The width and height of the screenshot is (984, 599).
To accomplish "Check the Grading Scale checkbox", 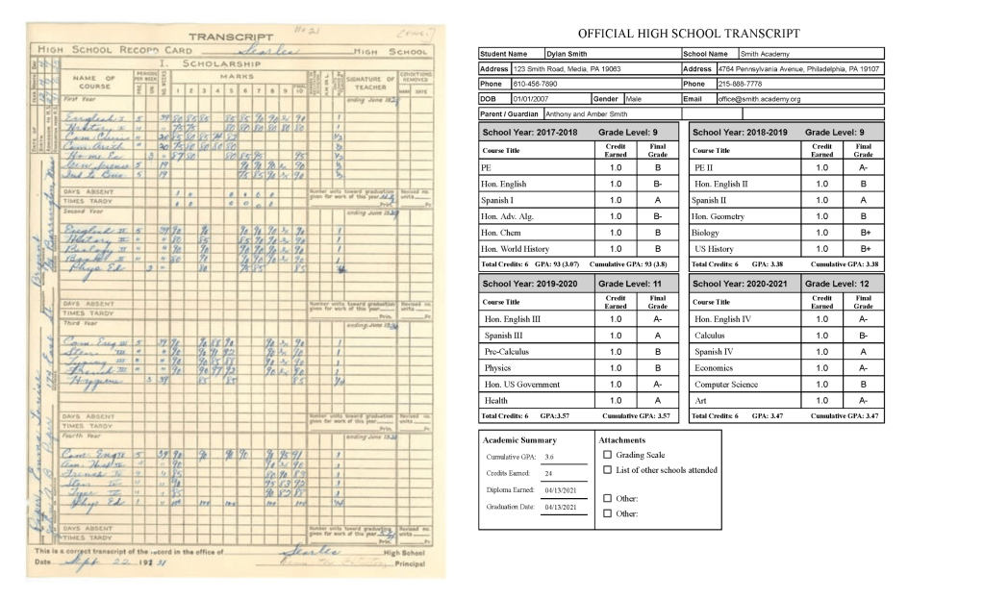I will tap(607, 455).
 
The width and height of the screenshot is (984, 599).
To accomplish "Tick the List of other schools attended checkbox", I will tap(607, 469).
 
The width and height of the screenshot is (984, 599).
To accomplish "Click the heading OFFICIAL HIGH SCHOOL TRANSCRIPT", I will tap(690, 33).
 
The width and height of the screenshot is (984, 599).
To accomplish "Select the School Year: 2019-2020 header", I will tap(530, 285).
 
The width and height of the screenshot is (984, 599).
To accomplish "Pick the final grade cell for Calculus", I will tap(863, 336).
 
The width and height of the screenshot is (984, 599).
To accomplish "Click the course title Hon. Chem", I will tap(501, 233).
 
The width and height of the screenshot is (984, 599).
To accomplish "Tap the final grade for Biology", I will tap(863, 233).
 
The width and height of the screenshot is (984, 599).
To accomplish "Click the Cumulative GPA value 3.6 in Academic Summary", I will tap(549, 458).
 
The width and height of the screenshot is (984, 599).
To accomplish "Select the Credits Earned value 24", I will tap(548, 474).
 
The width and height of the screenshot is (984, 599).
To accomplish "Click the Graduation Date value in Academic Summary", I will tap(559, 507).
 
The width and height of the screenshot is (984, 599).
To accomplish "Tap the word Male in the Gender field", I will tap(634, 98).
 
